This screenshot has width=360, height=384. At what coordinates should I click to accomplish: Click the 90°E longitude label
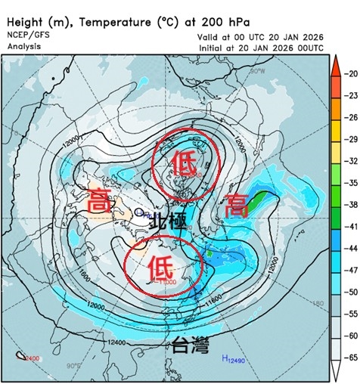[73, 367]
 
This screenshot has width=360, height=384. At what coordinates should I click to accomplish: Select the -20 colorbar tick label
[349, 73]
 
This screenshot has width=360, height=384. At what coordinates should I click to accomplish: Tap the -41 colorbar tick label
[349, 226]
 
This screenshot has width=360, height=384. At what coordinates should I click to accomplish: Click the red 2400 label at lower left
[29, 358]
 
